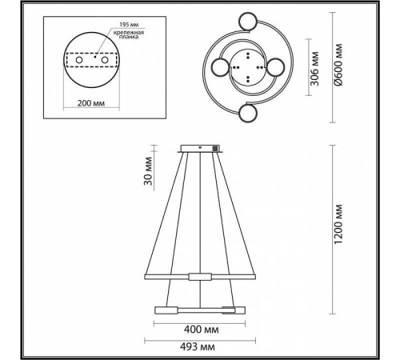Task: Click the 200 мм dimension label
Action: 91,103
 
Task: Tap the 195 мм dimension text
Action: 129,25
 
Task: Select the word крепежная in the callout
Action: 129,33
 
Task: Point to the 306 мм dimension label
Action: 315,69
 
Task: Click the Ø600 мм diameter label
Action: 338,65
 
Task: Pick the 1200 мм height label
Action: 338,224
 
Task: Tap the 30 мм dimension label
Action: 148,171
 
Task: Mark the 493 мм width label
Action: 198,347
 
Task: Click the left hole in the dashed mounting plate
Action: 79,60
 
